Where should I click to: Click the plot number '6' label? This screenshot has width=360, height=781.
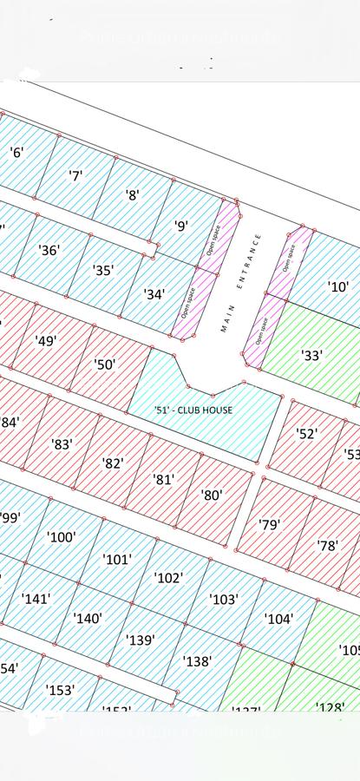[x=16, y=153]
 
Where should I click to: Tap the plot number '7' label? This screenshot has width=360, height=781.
[x=75, y=175]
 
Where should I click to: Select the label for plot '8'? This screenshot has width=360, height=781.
[x=133, y=196]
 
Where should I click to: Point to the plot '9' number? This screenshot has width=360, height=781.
[x=181, y=226]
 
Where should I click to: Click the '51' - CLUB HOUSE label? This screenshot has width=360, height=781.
[x=193, y=410]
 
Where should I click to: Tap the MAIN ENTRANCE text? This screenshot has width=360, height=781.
[x=240, y=282]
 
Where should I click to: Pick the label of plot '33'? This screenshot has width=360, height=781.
[x=311, y=355]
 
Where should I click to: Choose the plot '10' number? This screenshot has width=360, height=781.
[x=337, y=286]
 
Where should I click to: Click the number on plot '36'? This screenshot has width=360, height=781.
[x=49, y=250]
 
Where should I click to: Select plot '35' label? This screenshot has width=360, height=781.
[x=103, y=271]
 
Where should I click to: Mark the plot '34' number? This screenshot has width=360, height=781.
[x=154, y=295]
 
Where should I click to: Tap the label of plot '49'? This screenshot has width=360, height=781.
[x=46, y=341]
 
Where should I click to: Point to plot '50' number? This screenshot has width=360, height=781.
[x=105, y=364]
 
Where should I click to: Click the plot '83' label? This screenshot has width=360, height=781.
[x=62, y=444]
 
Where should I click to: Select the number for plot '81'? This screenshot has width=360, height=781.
[x=163, y=479]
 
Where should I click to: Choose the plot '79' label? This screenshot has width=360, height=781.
[x=270, y=525]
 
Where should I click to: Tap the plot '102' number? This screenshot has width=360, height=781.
[x=168, y=578]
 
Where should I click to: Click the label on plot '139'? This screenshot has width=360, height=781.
[x=141, y=640]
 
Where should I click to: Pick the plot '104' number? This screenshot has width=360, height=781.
[x=278, y=619]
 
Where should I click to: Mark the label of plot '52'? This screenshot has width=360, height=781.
[x=307, y=434]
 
